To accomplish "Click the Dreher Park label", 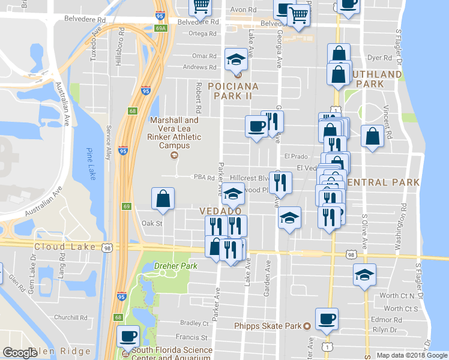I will (175, 266).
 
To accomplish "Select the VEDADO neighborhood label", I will (221, 211).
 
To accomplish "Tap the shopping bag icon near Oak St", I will (163, 199).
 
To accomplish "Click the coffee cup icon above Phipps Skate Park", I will (327, 318).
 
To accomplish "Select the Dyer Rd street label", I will (379, 58).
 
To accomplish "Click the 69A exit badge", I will (160, 28).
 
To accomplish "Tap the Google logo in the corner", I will (20, 353).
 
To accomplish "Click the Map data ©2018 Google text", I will (411, 355).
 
